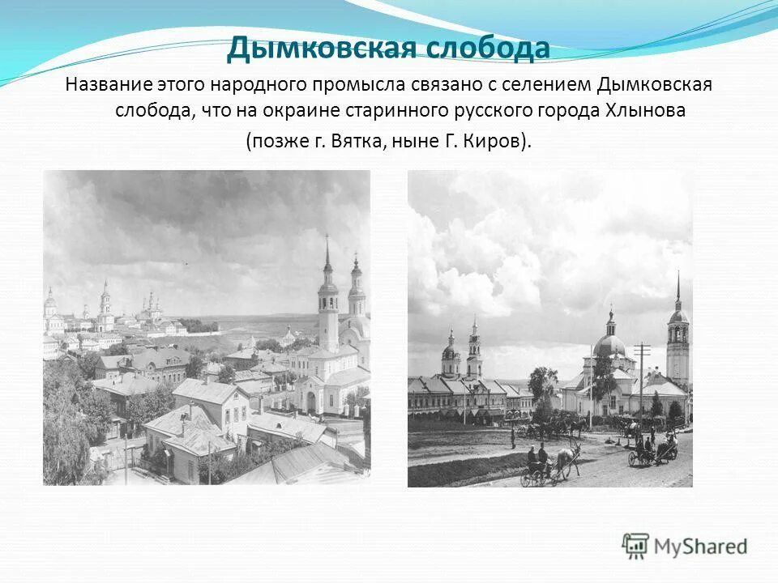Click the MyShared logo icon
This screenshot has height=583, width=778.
636,546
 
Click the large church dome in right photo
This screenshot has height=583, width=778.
609,344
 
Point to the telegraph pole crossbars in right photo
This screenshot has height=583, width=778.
642,350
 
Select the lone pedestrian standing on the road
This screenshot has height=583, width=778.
513,437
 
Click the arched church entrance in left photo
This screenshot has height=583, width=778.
310,402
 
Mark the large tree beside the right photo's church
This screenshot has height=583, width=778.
543,385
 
